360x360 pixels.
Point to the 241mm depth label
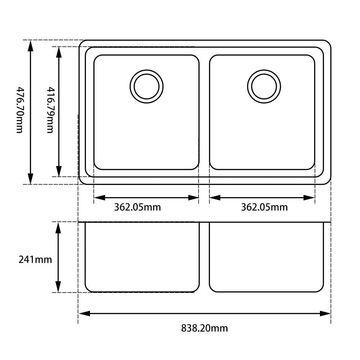point(35,260)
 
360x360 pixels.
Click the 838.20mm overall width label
point(204,328)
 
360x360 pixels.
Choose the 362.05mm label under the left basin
point(137,207)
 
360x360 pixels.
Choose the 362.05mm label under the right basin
point(264,207)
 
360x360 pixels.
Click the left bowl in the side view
point(142,256)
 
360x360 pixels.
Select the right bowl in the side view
point(266,256)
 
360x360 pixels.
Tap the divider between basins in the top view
point(204,112)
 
